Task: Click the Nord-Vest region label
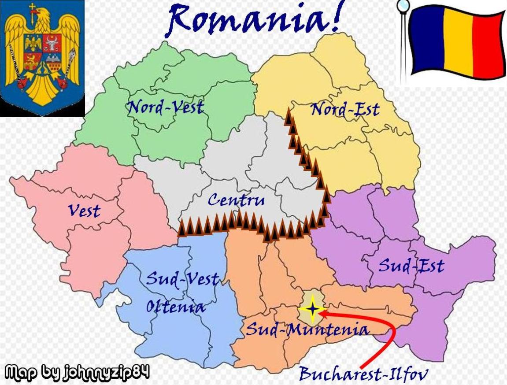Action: [166, 107]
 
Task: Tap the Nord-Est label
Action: [345, 109]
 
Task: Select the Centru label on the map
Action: [236, 200]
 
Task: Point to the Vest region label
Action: [84, 211]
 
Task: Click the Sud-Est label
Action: [411, 266]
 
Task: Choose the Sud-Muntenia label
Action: [307, 329]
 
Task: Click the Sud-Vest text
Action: [182, 279]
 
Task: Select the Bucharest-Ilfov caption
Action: [363, 374]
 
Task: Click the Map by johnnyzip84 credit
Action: [78, 372]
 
